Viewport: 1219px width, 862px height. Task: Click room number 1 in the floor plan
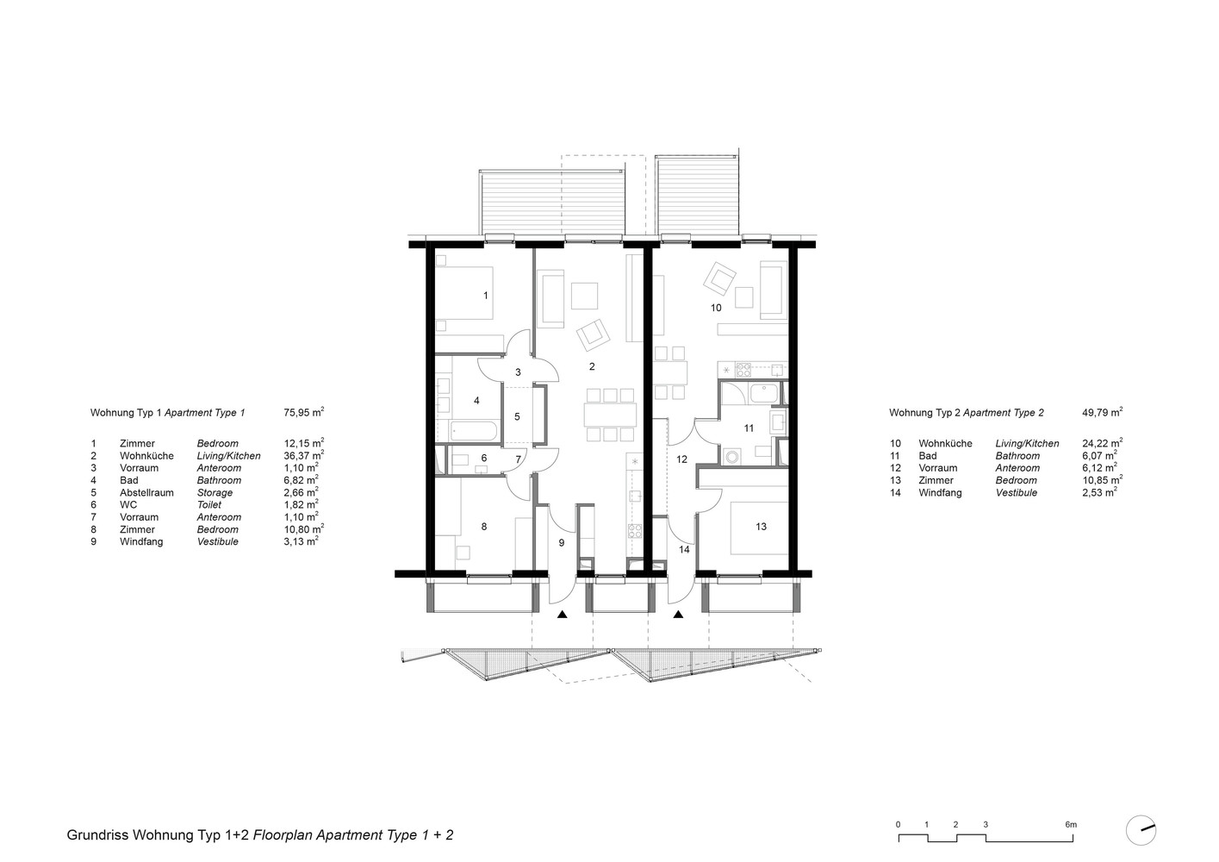click(x=485, y=296)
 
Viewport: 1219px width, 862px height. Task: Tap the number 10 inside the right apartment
click(x=716, y=308)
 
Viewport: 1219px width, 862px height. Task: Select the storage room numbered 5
click(x=517, y=416)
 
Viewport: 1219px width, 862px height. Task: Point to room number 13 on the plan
click(x=761, y=527)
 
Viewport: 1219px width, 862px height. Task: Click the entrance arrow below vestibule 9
click(x=563, y=615)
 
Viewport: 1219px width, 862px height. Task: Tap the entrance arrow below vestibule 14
click(x=678, y=615)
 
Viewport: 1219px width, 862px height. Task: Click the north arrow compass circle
click(x=1141, y=830)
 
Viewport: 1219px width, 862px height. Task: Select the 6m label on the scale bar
click(x=1071, y=824)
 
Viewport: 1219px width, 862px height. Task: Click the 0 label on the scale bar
click(x=898, y=824)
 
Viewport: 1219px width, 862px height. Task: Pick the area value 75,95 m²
click(x=303, y=412)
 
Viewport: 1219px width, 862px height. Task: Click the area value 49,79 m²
click(x=1102, y=412)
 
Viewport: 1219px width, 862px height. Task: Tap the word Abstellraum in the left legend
click(x=146, y=492)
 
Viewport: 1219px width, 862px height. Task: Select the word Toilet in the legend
click(x=209, y=505)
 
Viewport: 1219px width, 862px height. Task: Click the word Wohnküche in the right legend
click(x=945, y=443)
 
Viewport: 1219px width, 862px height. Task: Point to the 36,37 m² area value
click(x=303, y=455)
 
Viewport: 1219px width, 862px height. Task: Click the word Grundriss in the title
click(x=97, y=834)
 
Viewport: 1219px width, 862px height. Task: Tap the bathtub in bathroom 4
click(x=473, y=431)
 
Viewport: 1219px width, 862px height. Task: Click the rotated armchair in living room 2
click(x=594, y=335)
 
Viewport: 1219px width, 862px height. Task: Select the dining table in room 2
click(x=610, y=415)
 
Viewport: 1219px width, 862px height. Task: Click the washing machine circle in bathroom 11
click(x=732, y=456)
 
